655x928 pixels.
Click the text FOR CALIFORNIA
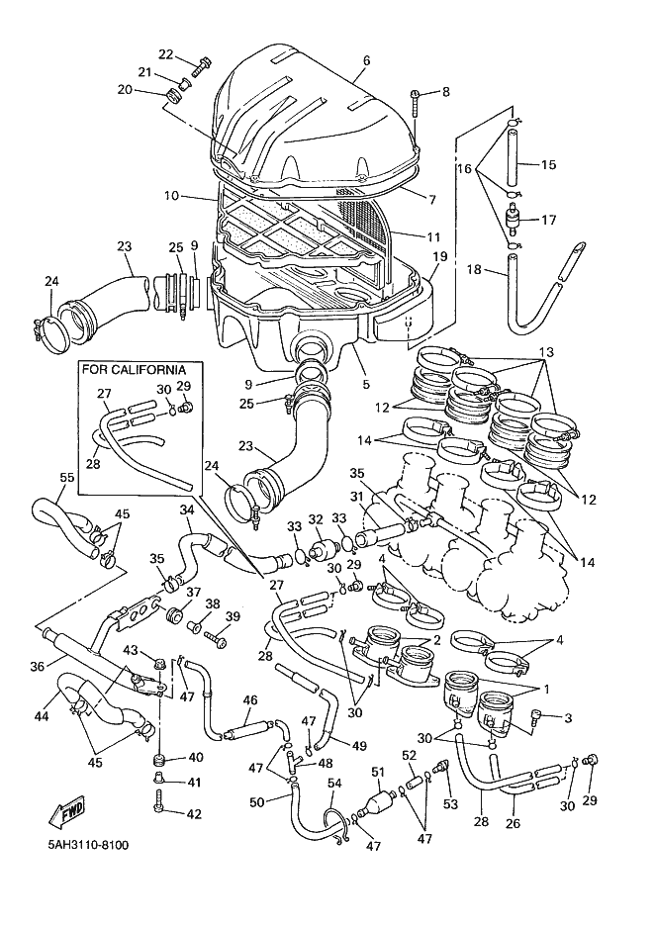tap(135, 370)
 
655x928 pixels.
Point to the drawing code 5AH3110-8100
tap(87, 846)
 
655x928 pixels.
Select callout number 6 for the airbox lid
tap(366, 60)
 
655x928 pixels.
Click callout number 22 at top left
tap(165, 54)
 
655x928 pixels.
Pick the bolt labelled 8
tap(416, 97)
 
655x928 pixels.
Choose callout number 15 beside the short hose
tap(550, 164)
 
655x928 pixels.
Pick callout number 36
tap(37, 667)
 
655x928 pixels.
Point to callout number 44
tap(44, 715)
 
